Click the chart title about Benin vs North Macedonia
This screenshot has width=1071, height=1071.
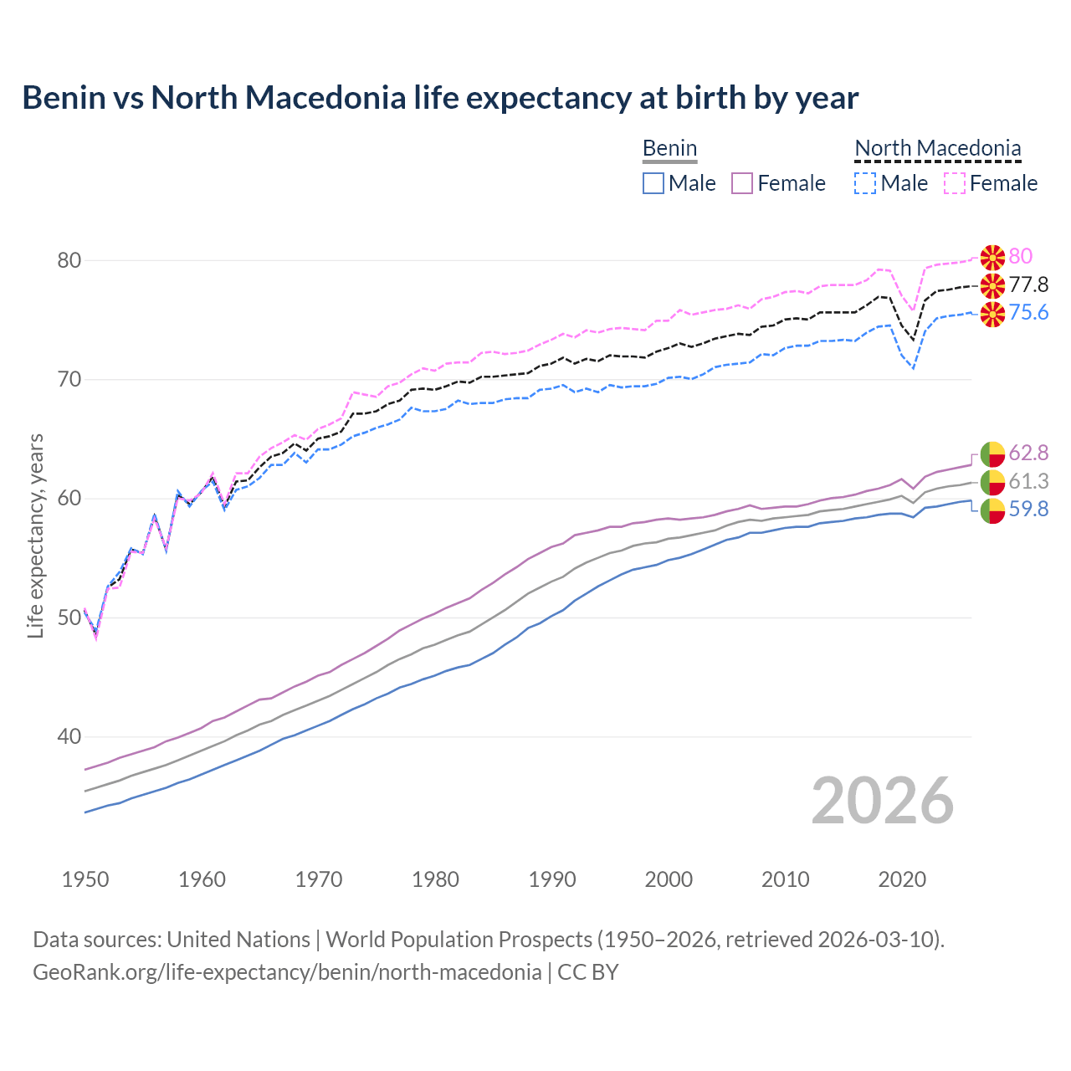pyautogui.click(x=440, y=98)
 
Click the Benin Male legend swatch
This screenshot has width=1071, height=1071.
pyautogui.click(x=653, y=183)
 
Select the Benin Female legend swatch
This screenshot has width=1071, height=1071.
pyautogui.click(x=742, y=183)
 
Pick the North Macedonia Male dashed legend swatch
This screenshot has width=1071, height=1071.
pyautogui.click(x=865, y=183)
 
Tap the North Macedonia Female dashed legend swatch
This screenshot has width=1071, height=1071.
pyautogui.click(x=954, y=183)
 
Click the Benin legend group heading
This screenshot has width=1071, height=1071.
pyautogui.click(x=669, y=149)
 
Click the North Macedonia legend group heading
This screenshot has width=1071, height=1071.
pyautogui.click(x=937, y=149)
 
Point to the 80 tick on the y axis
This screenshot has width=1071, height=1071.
pyautogui.click(x=69, y=260)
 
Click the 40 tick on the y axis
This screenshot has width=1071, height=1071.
pyautogui.click(x=69, y=737)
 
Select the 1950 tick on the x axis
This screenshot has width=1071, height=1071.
pyautogui.click(x=85, y=879)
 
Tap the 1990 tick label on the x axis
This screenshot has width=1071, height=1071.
pyautogui.click(x=552, y=879)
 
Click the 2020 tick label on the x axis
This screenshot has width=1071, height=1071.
pyautogui.click(x=902, y=879)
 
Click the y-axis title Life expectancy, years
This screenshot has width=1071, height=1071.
pyautogui.click(x=36, y=535)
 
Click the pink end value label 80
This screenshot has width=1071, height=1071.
pyautogui.click(x=1020, y=256)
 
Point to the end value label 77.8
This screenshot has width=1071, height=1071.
pyautogui.click(x=1028, y=284)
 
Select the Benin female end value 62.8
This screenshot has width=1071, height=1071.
pyautogui.click(x=1028, y=453)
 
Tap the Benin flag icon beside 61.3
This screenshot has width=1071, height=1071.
pyautogui.click(x=992, y=481)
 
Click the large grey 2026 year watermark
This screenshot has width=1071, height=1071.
pyautogui.click(x=882, y=801)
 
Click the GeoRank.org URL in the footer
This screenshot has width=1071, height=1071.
pyautogui.click(x=287, y=972)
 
